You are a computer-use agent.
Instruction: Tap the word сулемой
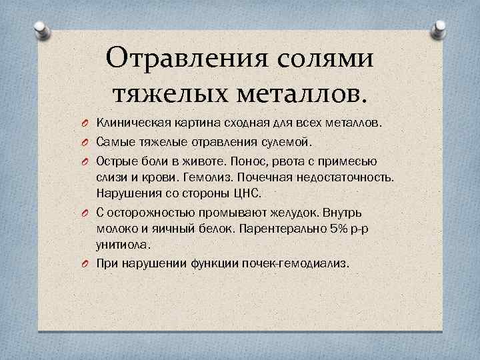(x=289, y=142)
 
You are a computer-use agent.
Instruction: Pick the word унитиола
(x=122, y=244)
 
